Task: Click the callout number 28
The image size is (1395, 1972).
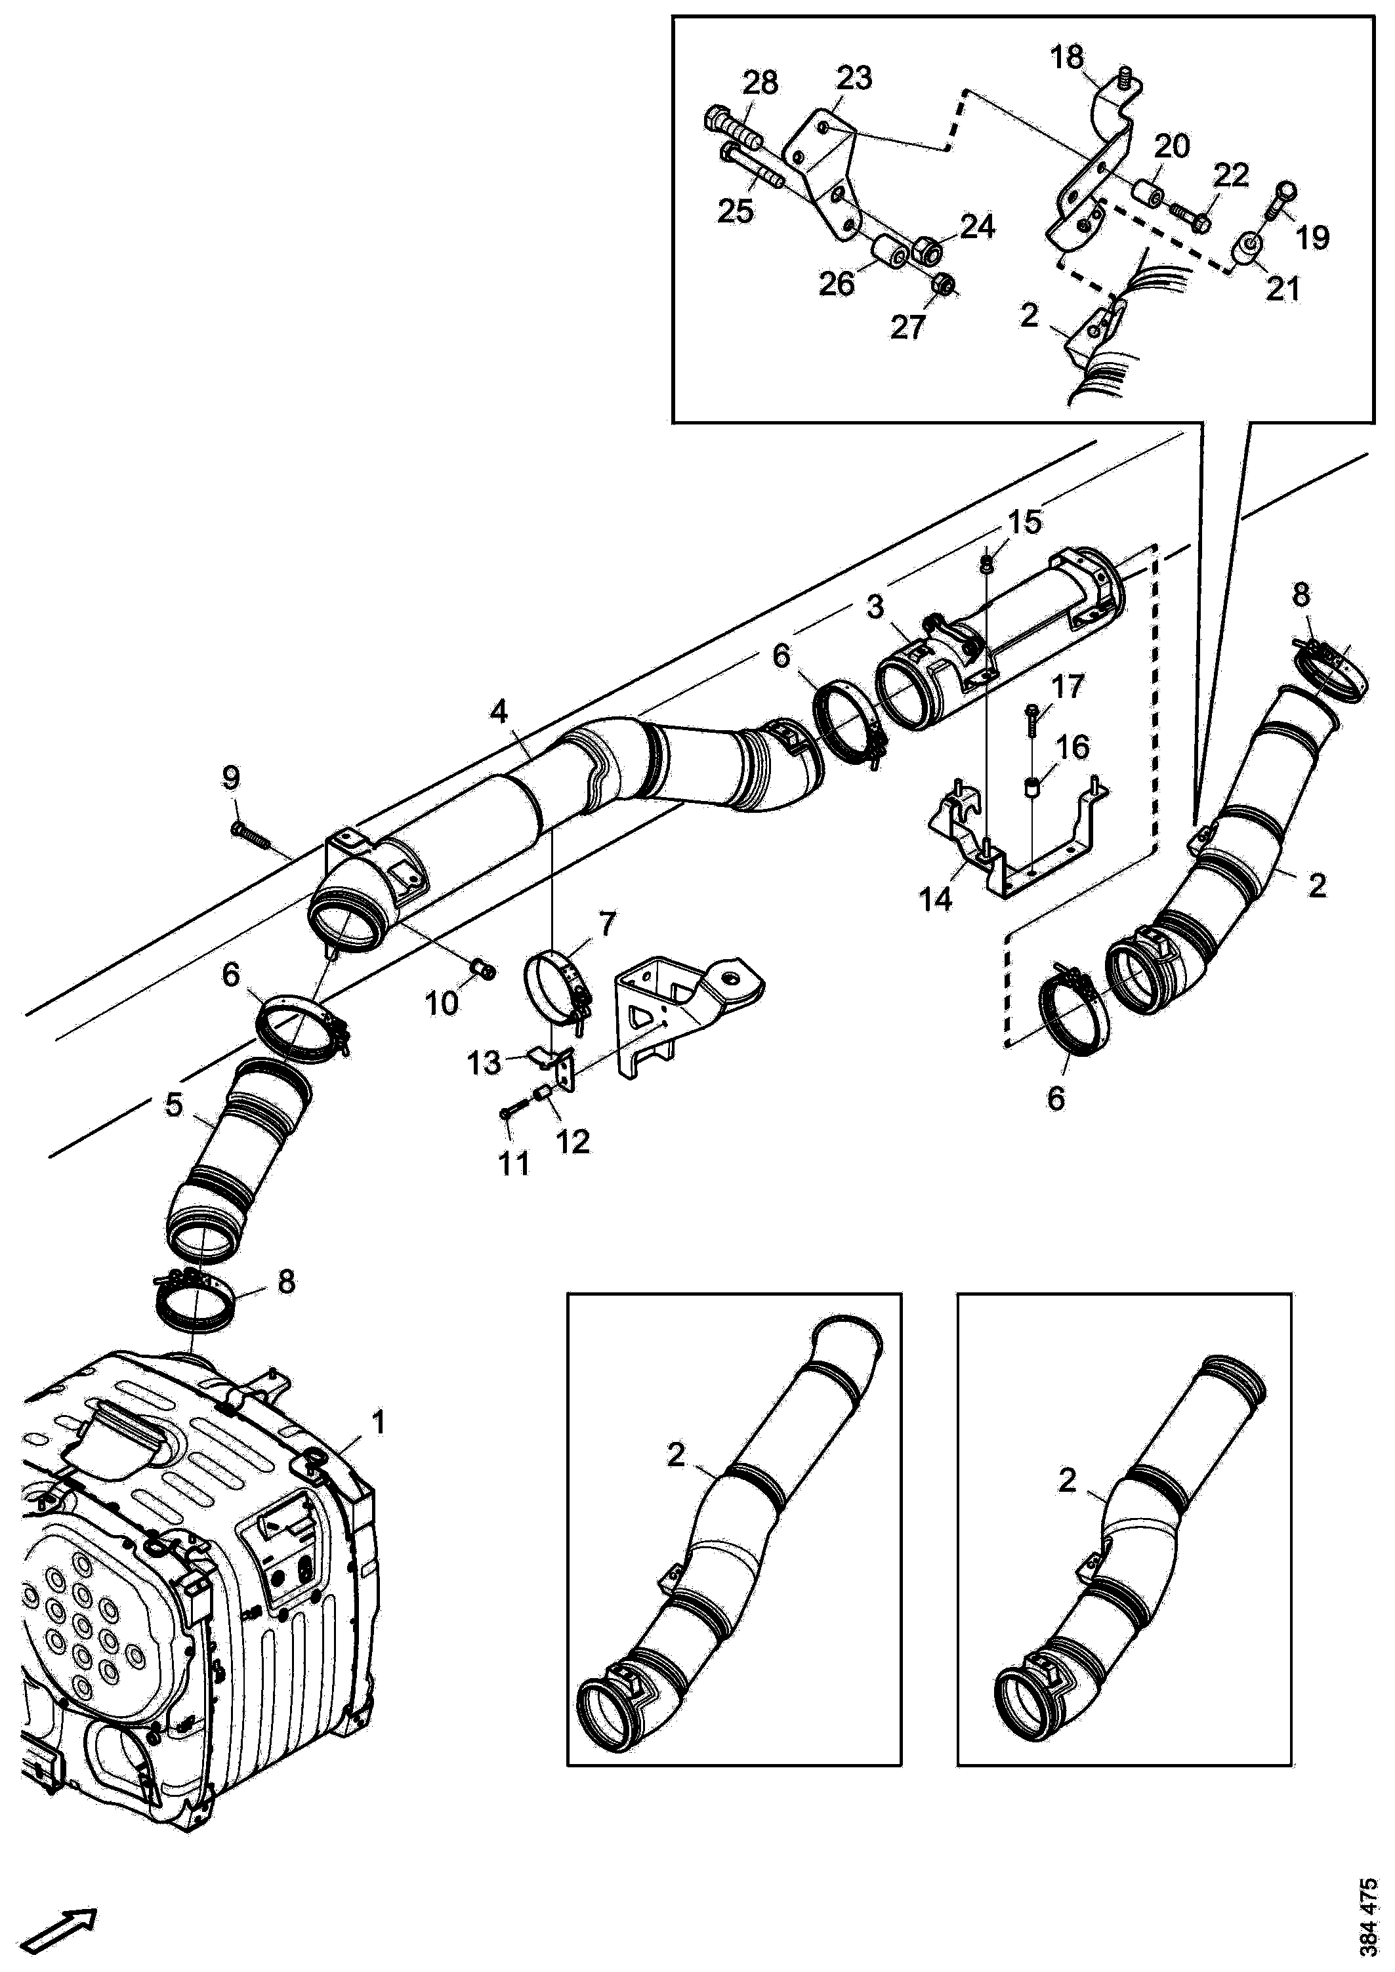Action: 760,83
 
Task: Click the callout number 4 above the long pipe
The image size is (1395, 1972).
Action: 499,711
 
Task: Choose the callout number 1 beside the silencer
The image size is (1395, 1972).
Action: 377,1422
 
